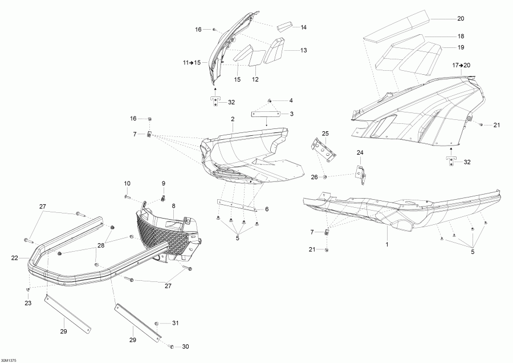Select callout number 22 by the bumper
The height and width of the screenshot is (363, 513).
click(x=14, y=257)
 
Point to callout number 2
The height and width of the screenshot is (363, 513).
click(x=232, y=119)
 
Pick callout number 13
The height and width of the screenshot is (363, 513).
click(x=303, y=50)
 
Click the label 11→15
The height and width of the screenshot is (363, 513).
click(x=192, y=62)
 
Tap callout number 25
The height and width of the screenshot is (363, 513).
click(x=325, y=133)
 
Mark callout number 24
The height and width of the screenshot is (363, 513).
click(x=360, y=152)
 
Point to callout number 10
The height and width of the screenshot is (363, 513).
click(x=127, y=183)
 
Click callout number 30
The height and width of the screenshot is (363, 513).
click(x=185, y=346)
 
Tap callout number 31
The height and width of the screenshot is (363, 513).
click(x=176, y=323)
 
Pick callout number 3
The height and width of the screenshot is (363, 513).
click(x=291, y=114)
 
